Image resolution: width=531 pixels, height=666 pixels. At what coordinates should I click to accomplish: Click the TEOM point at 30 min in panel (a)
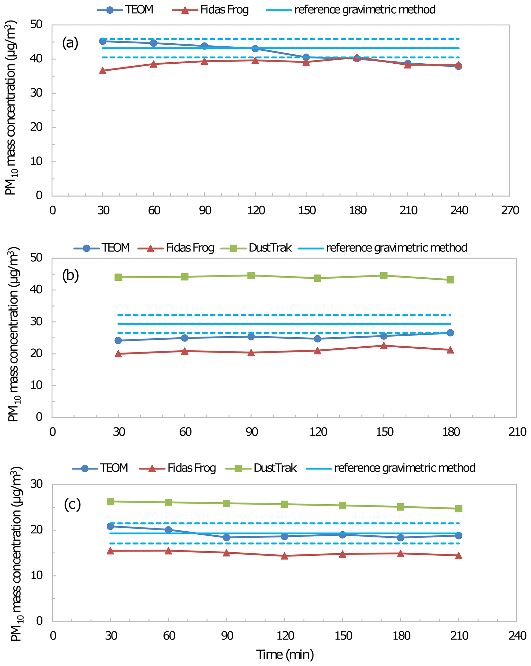pos(103,41)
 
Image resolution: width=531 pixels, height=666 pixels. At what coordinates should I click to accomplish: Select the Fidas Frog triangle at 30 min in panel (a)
pos(103,71)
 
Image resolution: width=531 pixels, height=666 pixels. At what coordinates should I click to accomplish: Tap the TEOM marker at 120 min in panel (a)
pos(255,48)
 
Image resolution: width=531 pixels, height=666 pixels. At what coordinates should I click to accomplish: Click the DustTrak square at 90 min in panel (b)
pos(251,275)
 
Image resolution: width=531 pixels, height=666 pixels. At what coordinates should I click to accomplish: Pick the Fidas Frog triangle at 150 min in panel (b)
pos(384,346)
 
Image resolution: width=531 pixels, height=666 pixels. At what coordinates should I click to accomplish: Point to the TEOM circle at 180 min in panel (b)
pos(450,333)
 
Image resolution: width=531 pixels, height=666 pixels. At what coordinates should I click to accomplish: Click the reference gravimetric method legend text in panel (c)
pos(405,468)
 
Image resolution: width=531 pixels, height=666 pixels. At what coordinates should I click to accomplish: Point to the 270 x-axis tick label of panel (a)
pos(510,210)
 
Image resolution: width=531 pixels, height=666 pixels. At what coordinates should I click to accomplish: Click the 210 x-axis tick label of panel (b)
pos(517,432)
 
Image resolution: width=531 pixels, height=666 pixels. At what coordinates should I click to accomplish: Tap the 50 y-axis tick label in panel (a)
pos(36,24)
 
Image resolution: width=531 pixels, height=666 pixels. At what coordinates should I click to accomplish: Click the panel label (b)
pos(70,275)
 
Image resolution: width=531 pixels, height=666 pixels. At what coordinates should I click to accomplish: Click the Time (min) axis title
pos(285,654)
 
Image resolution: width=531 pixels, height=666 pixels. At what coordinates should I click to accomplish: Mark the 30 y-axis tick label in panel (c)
pos(36,484)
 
